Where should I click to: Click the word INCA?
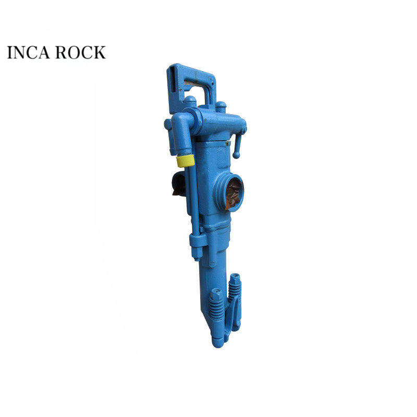pos(29,52)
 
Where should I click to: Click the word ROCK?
pos(81,52)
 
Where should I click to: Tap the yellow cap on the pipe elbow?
pos(185,161)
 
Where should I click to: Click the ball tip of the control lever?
pos(236,155)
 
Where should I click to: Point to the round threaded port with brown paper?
pos(230,192)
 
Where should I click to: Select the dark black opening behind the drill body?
pos(179,183)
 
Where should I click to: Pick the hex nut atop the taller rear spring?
pos(235,278)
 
